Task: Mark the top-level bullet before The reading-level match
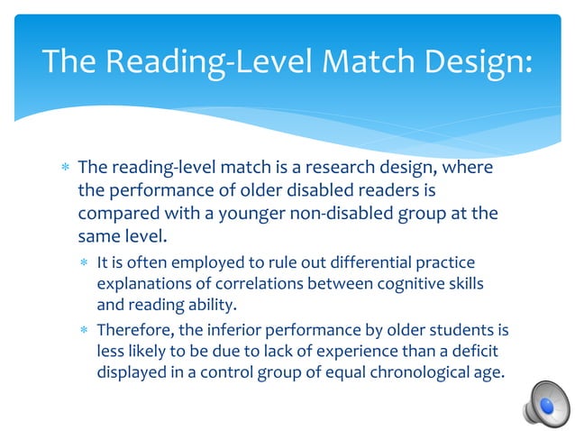63,169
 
